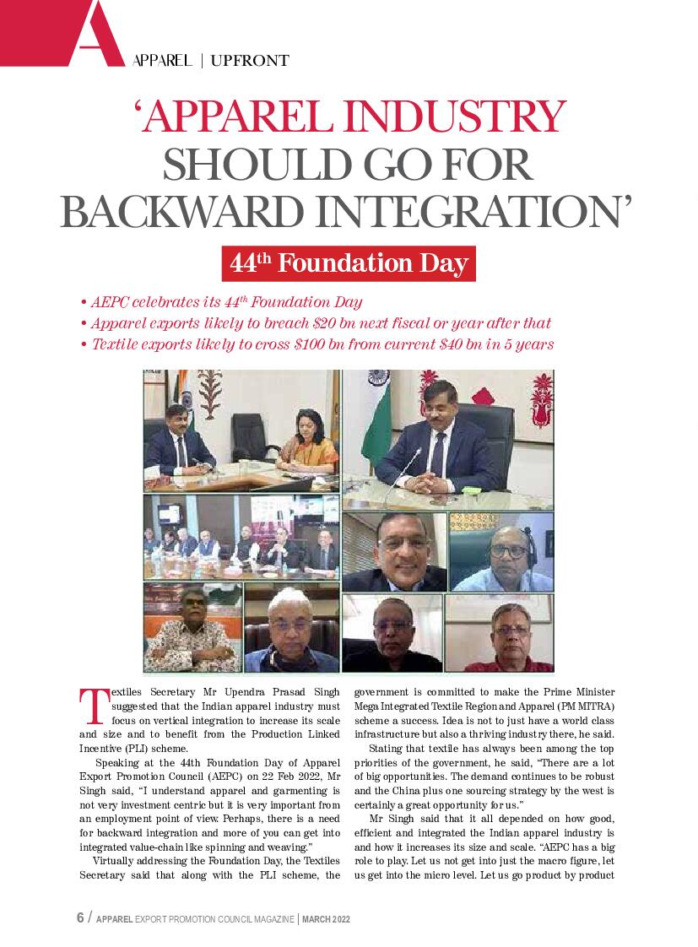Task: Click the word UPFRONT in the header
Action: tap(250, 61)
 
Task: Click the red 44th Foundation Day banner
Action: tap(349, 263)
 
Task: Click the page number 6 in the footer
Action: tap(80, 918)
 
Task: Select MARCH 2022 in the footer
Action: tap(327, 919)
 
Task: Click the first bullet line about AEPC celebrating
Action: tap(220, 302)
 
